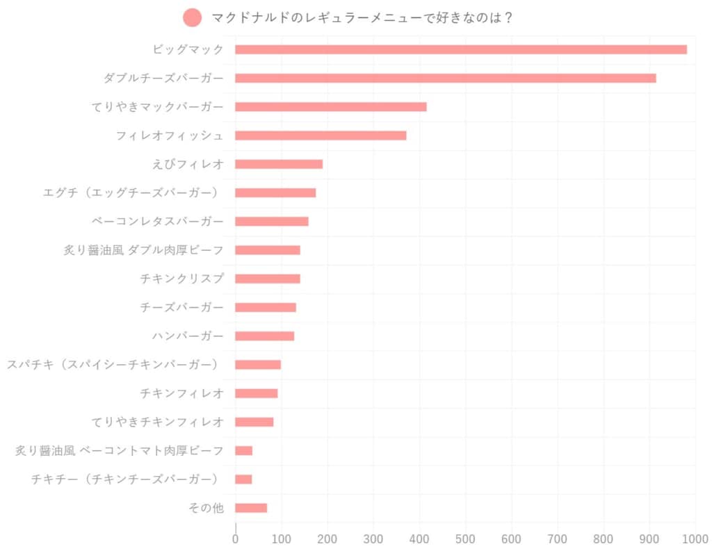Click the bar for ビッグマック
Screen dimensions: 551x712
coord(460,49)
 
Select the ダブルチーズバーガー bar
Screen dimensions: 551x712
coord(445,78)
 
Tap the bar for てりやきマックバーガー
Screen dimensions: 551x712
coord(330,107)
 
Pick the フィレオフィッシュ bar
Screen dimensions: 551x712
coord(321,135)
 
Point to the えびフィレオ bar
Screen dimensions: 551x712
coord(279,164)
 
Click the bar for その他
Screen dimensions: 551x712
coord(251,508)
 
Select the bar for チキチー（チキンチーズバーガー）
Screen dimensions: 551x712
coord(243,479)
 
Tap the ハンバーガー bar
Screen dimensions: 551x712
coord(264,336)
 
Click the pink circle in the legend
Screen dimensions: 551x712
coord(192,18)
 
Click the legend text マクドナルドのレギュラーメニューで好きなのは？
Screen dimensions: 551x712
coord(362,18)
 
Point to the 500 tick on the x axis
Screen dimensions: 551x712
coord(465,538)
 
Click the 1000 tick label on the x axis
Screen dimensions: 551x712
coord(695,538)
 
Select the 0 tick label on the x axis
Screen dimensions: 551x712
coord(236,538)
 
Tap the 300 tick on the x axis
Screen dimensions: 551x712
coord(373,538)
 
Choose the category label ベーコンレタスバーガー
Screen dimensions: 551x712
coord(158,222)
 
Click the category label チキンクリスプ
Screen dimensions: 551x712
coord(181,279)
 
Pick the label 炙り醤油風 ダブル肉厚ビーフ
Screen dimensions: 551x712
coord(144,250)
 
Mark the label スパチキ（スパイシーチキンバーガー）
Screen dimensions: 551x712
coord(113,365)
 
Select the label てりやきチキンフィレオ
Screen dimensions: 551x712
coord(158,422)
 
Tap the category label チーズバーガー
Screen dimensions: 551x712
coord(181,307)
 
